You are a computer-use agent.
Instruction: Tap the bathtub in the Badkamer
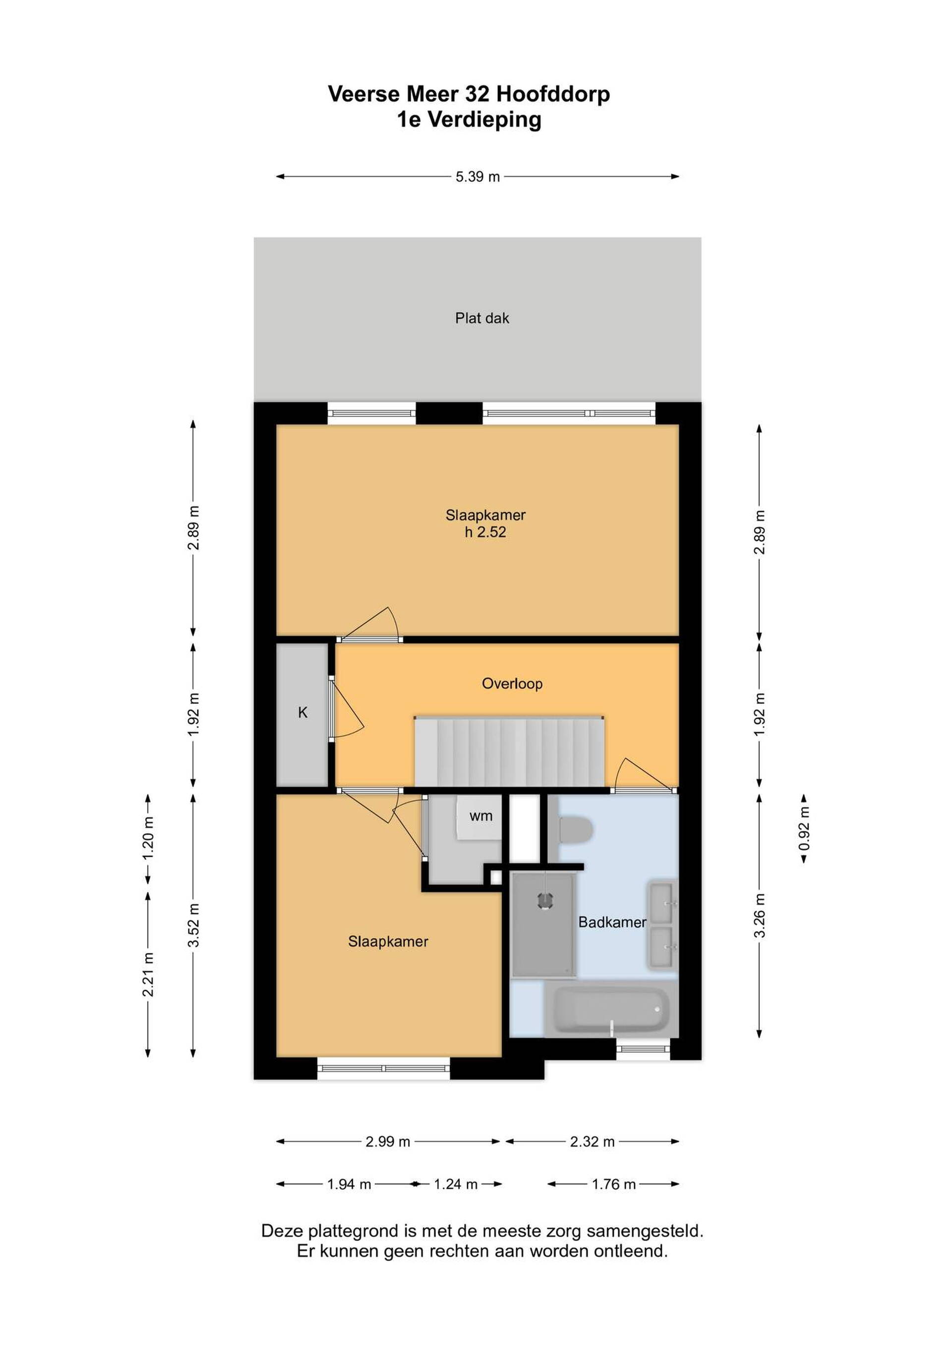click(x=611, y=1009)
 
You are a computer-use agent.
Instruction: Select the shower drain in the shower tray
click(x=545, y=900)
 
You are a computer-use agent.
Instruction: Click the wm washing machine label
click(x=480, y=816)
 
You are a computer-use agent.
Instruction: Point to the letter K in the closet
click(x=303, y=712)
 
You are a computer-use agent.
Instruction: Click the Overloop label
click(x=512, y=684)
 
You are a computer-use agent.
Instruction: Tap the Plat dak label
click(x=482, y=318)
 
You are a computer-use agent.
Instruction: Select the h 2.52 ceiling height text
click(x=485, y=532)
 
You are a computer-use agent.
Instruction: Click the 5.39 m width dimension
click(x=478, y=176)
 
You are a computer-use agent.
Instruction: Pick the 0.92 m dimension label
click(x=804, y=828)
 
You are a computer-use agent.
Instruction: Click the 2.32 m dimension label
click(x=592, y=1141)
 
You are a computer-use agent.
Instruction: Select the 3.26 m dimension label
click(x=760, y=916)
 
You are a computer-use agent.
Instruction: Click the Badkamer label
click(x=612, y=922)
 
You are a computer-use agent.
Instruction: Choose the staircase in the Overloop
click(x=509, y=751)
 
